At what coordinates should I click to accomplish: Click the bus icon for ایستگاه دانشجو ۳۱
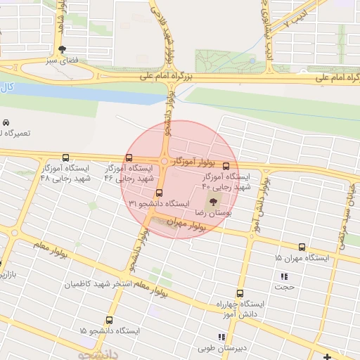(159, 192)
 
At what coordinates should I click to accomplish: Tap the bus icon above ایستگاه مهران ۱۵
(302, 247)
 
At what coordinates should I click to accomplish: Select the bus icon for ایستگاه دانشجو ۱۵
(108, 320)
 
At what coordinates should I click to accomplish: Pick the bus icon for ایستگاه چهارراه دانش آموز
(240, 294)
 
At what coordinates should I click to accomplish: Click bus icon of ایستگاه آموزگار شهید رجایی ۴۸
(66, 158)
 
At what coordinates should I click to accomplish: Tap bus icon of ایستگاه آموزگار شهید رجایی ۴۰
(226, 167)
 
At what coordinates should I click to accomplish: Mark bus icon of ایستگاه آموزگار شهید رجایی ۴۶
(129, 158)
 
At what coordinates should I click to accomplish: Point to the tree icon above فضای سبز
(63, 49)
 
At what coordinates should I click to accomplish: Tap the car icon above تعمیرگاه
(6, 123)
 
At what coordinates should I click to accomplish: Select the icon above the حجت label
(285, 277)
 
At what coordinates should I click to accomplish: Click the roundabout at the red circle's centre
(165, 162)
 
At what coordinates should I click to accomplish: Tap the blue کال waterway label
(6, 88)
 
